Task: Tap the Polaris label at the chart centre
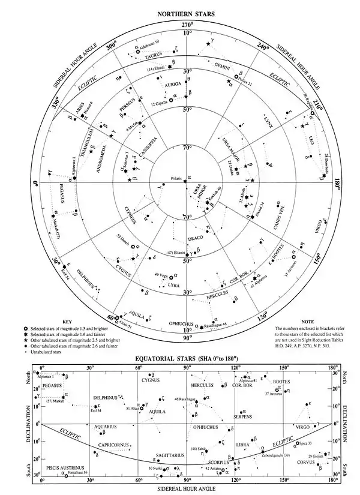pos(176,178)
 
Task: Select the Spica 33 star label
pos(307,443)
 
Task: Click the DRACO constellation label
pos(193,238)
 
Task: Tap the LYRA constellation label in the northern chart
pos(174,286)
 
